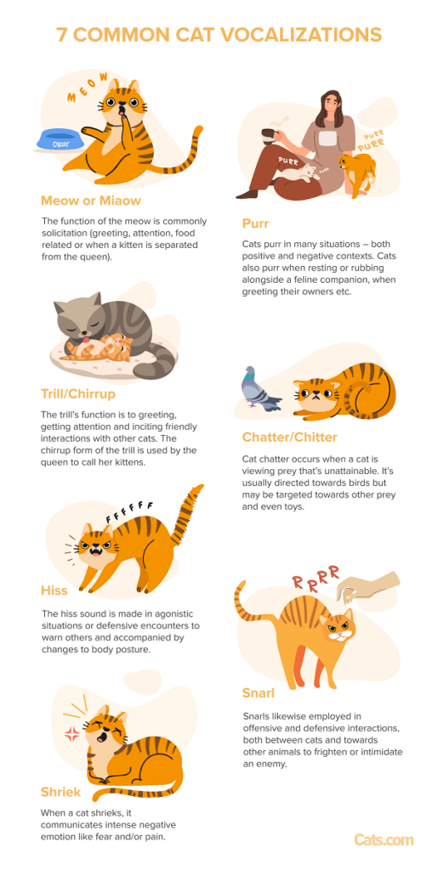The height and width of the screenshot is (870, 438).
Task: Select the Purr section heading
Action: [257, 224]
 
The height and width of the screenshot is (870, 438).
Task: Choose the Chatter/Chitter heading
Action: [290, 438]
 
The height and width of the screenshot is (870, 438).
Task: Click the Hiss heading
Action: [54, 590]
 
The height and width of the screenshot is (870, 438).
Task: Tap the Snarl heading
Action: [259, 694]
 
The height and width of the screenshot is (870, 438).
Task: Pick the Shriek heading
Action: [61, 792]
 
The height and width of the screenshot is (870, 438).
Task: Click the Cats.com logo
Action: [384, 839]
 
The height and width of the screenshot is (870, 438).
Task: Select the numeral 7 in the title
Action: [61, 35]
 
